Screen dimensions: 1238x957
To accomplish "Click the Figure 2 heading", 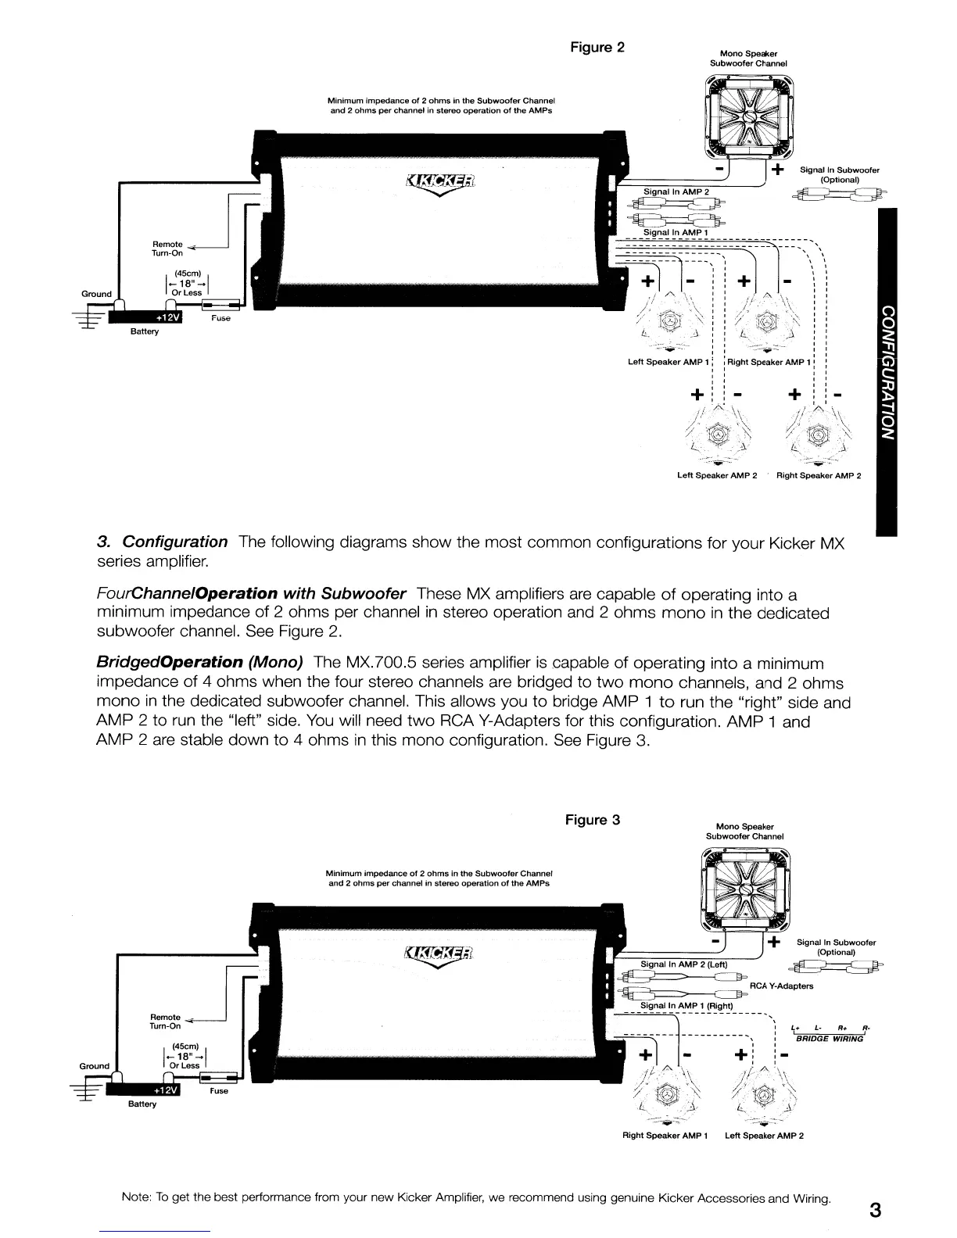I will [597, 47].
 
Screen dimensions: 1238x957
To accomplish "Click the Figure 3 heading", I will [593, 820].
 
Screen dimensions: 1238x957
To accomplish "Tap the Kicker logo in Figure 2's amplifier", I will [440, 182].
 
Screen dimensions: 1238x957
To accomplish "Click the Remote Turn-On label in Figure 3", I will [165, 1022].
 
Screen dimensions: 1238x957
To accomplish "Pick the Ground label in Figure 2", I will [96, 294].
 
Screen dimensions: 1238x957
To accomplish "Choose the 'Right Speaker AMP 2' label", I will [818, 475].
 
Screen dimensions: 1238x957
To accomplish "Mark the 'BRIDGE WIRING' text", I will [829, 1039].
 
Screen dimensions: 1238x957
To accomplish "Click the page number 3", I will [875, 1211].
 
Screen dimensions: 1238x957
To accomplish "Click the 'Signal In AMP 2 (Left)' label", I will [683, 964].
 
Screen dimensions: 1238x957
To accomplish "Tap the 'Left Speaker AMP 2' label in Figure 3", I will [764, 1136].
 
